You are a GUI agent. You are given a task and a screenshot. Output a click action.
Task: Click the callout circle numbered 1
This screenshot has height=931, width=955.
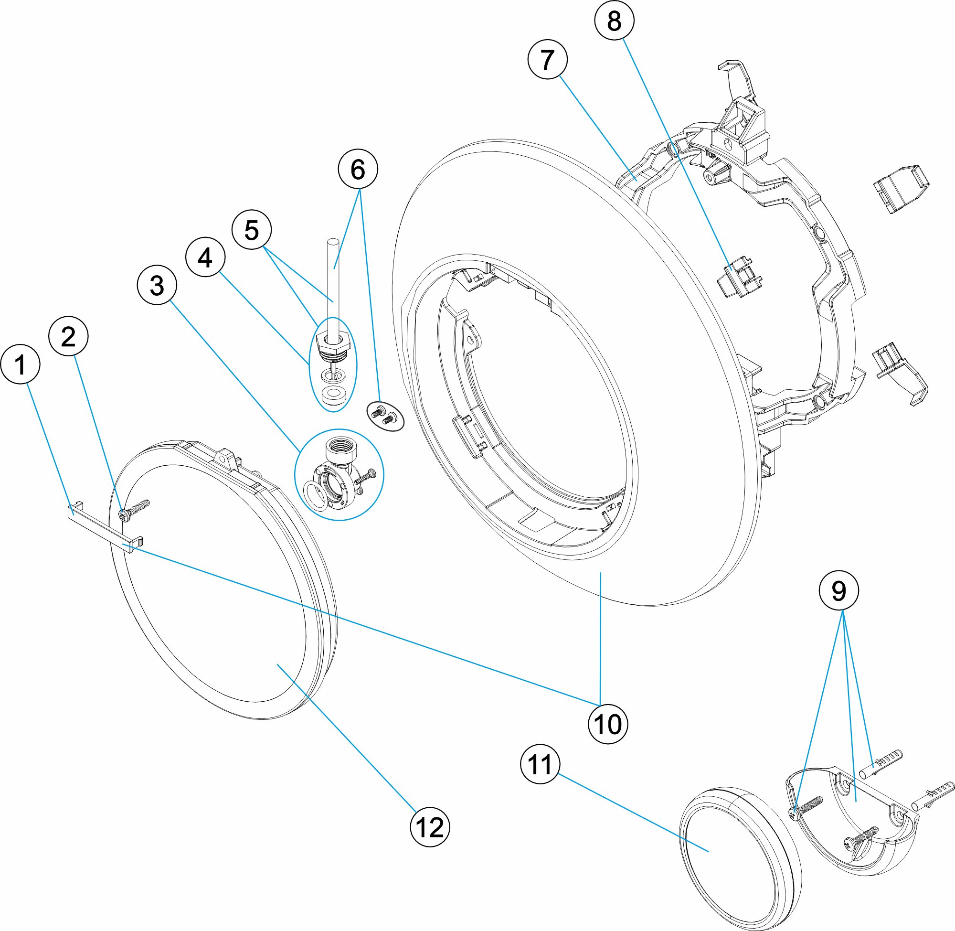coord(20,364)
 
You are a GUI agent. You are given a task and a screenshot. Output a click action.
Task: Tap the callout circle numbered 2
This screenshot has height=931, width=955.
coord(68,336)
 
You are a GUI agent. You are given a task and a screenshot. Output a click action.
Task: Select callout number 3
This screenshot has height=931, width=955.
coord(157,285)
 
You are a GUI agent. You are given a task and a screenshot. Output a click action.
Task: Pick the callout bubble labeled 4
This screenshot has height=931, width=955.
coord(205,257)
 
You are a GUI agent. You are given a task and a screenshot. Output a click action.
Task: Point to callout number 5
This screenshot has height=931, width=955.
coord(251,230)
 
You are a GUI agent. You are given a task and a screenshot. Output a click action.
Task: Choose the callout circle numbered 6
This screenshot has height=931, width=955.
coord(358,169)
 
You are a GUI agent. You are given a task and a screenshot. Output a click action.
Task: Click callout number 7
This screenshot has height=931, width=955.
coord(547,60)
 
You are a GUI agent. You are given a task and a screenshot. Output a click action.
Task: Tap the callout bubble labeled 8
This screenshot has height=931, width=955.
coord(614,21)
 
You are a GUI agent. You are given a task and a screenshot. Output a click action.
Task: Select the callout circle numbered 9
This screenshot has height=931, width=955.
coord(838,591)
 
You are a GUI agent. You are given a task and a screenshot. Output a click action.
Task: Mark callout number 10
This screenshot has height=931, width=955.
coord(607,724)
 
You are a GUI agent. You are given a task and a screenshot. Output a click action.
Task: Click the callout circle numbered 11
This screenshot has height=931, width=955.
coord(540,764)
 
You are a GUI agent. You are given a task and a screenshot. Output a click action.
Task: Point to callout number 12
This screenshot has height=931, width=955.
coord(430,827)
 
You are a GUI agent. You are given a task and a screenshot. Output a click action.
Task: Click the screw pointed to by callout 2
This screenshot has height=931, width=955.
coord(133,509)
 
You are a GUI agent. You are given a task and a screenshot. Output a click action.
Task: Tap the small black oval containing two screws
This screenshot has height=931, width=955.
coord(385,416)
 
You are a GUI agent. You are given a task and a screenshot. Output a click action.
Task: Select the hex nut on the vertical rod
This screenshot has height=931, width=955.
coord(333,341)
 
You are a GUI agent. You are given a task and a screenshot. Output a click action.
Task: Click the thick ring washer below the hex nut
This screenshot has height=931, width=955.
coord(334,395)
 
